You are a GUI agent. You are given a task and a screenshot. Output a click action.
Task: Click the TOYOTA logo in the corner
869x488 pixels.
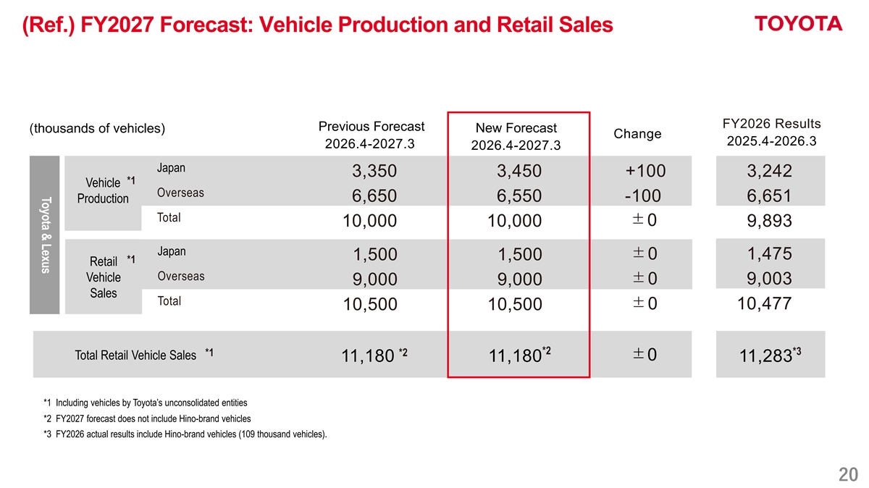(x=798, y=24)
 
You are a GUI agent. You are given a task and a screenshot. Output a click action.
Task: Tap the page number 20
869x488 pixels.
(x=848, y=474)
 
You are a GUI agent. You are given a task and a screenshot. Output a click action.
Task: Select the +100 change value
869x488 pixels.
(x=645, y=171)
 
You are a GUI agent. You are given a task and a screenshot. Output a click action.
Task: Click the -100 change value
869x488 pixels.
(x=643, y=195)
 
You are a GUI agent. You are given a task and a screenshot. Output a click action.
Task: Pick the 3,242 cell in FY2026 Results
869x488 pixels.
(x=769, y=171)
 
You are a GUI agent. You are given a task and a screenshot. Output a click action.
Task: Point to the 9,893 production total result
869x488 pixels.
(x=769, y=220)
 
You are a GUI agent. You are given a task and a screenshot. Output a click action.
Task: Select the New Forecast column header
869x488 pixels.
(x=516, y=136)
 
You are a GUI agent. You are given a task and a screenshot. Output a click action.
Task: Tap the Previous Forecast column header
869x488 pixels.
(x=371, y=135)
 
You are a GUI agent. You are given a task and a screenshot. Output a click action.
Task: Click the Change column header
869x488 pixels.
(x=637, y=134)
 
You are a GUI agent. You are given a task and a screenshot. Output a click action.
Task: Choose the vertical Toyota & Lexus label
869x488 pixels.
(x=46, y=235)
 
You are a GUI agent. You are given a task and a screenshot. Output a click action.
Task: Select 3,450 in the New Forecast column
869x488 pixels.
(x=519, y=171)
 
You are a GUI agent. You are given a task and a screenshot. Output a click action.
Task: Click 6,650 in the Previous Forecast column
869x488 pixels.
(x=374, y=195)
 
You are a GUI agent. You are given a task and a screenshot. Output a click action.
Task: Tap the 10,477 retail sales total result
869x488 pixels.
(x=764, y=303)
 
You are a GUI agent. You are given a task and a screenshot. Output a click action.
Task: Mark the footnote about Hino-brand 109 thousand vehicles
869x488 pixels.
(x=185, y=434)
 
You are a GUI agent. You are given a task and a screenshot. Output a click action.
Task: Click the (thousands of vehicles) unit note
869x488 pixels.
(x=97, y=128)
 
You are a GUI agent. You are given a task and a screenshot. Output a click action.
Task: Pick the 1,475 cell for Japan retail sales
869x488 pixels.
(x=769, y=253)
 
